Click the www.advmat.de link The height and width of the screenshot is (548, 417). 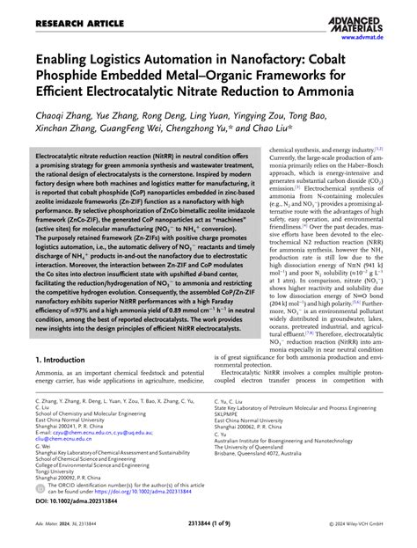pos(384,35)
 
